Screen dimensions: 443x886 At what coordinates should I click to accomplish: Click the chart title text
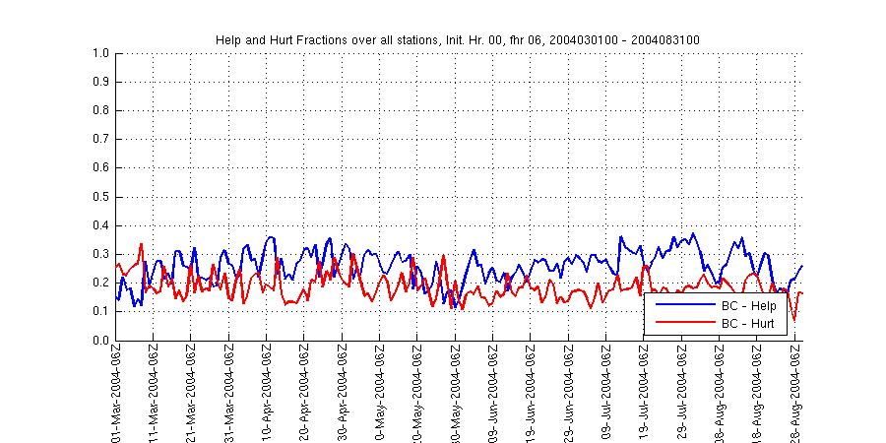click(x=458, y=39)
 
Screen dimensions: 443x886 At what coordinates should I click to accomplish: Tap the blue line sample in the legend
click(x=678, y=305)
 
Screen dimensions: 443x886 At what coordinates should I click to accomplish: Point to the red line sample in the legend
click(x=678, y=322)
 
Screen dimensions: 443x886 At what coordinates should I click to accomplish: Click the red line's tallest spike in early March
click(x=141, y=244)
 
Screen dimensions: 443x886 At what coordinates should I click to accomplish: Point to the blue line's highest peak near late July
click(x=693, y=233)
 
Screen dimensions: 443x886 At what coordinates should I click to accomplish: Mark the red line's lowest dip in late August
click(x=793, y=320)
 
